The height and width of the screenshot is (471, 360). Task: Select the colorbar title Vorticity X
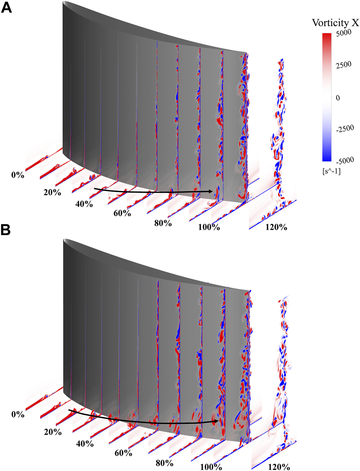click(x=335, y=23)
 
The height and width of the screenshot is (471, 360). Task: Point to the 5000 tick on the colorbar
click(x=343, y=33)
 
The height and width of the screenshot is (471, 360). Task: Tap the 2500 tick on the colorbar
click(x=343, y=65)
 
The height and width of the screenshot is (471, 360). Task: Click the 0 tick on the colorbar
click(x=338, y=98)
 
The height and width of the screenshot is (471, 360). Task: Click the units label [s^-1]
click(x=331, y=171)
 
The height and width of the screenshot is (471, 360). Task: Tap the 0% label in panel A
click(x=17, y=175)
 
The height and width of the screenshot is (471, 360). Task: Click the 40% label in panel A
click(x=84, y=204)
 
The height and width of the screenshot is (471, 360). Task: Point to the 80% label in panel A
click(x=163, y=223)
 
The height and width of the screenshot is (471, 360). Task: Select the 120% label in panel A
click(x=276, y=228)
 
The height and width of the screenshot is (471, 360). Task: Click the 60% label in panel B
click(x=123, y=453)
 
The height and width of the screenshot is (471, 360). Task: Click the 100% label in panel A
click(x=209, y=228)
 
